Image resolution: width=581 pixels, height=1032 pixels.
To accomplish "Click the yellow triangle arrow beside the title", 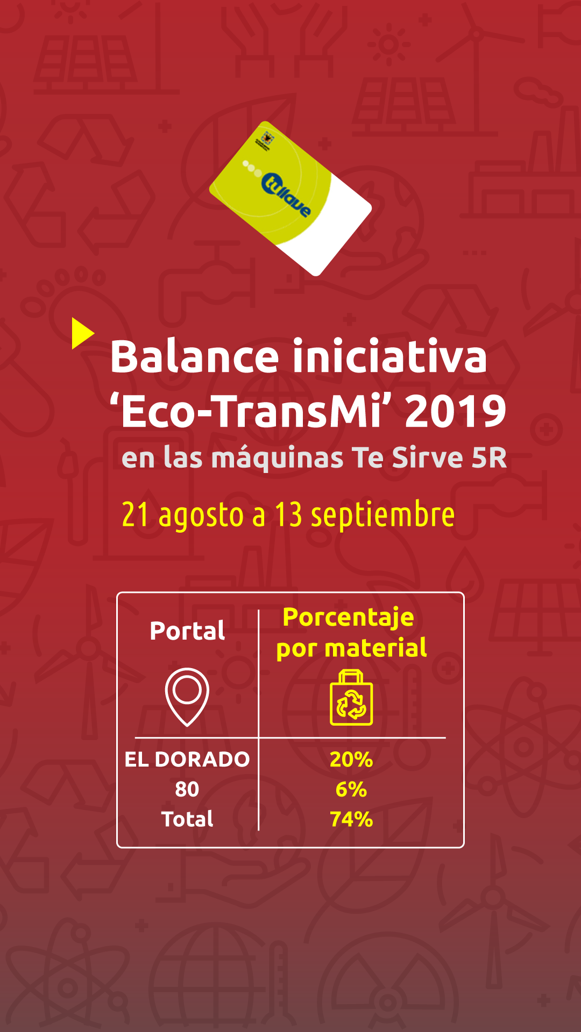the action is coord(81,333).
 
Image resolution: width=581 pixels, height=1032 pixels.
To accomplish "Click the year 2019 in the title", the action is coord(456,411).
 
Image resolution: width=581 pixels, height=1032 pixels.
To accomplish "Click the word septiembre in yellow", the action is coord(383,515).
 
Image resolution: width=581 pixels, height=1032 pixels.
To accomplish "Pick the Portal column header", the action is coord(187,630).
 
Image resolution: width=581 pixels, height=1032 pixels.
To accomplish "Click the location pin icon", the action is coord(187,697).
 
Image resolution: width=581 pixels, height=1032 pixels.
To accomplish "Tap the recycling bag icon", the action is coord(351,698).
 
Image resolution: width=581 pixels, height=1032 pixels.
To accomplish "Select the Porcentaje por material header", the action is coord(351,633).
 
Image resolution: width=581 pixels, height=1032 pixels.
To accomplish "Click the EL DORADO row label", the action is coord(187,759).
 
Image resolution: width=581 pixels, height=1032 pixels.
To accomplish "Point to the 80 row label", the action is coord(187,789).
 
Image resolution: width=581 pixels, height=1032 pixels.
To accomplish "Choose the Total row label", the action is coord(187,819).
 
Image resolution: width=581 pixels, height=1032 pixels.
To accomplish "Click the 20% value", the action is coord(351,759).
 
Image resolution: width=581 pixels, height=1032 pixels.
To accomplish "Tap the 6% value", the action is coord(351,790).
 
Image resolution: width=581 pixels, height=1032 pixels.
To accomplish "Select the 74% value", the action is coord(351,819).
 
